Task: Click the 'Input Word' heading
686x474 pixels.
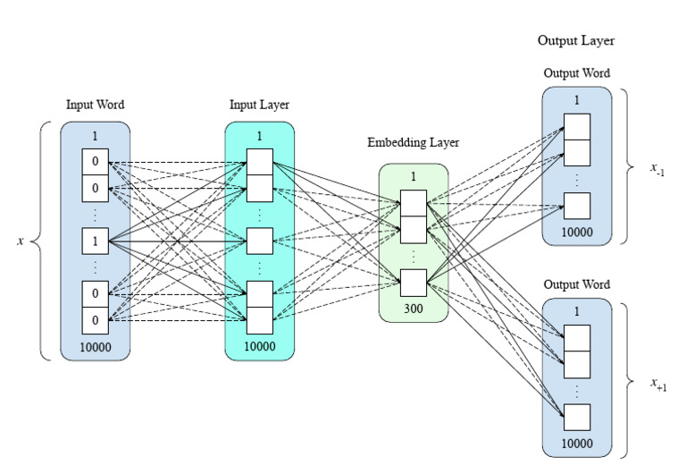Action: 95,105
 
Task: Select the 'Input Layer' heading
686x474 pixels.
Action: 259,105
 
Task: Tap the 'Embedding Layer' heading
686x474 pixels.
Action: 413,142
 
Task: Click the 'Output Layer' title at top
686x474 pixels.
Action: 576,40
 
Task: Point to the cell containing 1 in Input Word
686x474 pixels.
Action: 95,241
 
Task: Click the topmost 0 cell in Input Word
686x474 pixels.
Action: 95,162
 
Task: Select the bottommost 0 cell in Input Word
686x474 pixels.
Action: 95,319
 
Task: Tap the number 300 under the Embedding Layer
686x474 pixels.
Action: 413,309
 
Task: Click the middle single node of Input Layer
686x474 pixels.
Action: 259,241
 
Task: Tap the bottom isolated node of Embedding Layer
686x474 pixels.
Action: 413,283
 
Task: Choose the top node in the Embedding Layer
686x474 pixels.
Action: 413,203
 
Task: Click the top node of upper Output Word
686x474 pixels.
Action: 577,126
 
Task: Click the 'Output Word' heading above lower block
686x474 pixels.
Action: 576,284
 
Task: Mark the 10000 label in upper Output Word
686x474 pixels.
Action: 577,232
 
